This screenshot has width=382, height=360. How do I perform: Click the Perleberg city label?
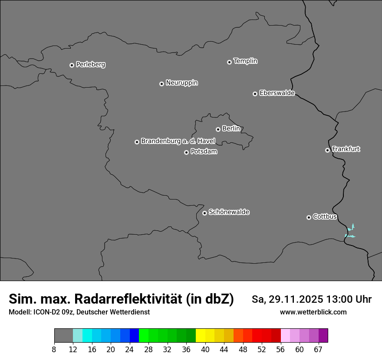90,65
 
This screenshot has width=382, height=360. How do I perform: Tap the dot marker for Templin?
229,62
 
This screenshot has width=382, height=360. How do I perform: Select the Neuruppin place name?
181,83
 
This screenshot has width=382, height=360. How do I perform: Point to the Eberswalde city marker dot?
255,94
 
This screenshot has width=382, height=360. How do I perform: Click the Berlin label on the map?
231,129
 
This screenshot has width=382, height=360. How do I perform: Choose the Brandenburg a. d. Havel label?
178,141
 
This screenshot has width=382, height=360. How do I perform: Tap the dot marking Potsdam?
186,152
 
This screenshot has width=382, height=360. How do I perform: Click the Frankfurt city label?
346,149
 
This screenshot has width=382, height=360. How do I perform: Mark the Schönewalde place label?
229,212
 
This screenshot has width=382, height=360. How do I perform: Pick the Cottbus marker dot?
309,217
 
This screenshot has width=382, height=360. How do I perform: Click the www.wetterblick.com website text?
313,312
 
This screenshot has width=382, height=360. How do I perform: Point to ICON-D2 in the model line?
45,312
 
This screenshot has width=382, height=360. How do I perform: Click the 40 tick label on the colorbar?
205,350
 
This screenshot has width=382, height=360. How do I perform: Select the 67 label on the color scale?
318,350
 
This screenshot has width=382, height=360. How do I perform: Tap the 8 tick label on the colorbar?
54,350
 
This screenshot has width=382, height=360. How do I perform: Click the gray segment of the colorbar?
63,336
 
